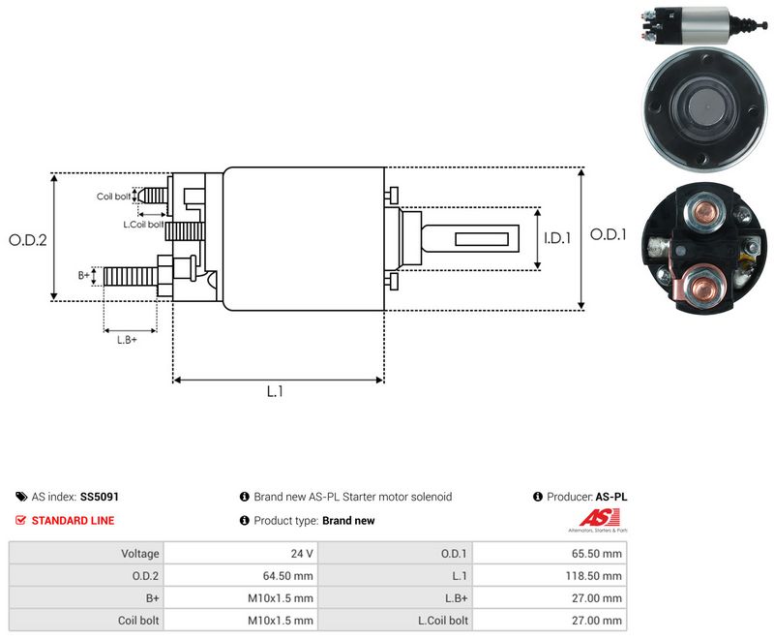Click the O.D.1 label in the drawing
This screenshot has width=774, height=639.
click(x=609, y=234)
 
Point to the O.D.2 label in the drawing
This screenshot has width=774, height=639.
click(x=28, y=240)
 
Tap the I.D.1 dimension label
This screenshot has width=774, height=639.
click(x=557, y=238)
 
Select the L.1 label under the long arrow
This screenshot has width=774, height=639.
click(x=275, y=391)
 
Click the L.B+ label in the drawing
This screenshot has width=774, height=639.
click(x=127, y=340)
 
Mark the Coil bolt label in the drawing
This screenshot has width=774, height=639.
click(x=113, y=197)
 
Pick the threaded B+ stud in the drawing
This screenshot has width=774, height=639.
click(x=131, y=276)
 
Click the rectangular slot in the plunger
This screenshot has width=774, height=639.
click(x=481, y=239)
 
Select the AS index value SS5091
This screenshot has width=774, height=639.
click(x=100, y=497)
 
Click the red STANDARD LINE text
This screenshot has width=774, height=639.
click(x=74, y=521)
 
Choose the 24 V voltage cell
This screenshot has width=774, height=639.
click(x=240, y=554)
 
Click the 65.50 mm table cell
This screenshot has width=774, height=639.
click(x=550, y=554)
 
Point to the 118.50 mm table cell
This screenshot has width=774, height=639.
click(x=550, y=576)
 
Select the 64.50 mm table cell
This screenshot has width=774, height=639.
click(x=240, y=576)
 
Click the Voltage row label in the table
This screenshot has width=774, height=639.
click(x=140, y=554)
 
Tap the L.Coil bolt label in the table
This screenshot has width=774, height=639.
click(x=443, y=621)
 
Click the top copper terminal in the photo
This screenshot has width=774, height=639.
click(x=703, y=212)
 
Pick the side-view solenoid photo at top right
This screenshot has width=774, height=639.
click(x=703, y=25)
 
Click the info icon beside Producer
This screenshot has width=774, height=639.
click(x=538, y=497)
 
